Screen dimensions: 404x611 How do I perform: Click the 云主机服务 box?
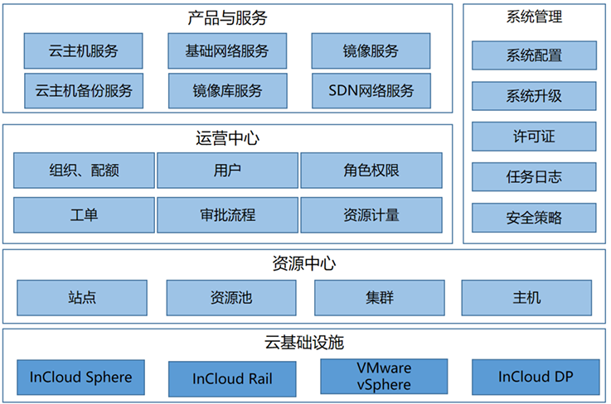(83, 51)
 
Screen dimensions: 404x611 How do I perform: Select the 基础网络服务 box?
(227, 51)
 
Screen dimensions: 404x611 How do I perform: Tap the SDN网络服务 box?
(371, 90)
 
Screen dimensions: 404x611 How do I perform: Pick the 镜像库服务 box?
(227, 90)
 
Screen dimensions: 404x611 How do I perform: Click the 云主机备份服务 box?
(83, 90)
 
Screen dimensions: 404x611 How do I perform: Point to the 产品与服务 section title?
(227, 17)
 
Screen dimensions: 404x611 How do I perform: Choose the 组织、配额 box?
(84, 171)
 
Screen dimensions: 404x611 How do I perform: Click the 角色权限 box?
(371, 171)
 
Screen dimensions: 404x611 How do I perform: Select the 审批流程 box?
(227, 215)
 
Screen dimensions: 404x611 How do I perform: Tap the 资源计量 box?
(371, 215)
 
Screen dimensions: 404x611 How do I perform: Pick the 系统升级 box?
(534, 96)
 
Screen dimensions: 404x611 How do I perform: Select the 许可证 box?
(534, 136)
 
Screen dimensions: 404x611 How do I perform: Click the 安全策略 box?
(534, 218)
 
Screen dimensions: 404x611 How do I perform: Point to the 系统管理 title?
(534, 17)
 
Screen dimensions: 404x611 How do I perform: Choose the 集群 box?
(379, 297)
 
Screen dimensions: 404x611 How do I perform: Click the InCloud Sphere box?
(80, 378)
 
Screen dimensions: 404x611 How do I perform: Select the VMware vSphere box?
(384, 377)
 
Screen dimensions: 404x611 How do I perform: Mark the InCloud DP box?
(536, 378)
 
